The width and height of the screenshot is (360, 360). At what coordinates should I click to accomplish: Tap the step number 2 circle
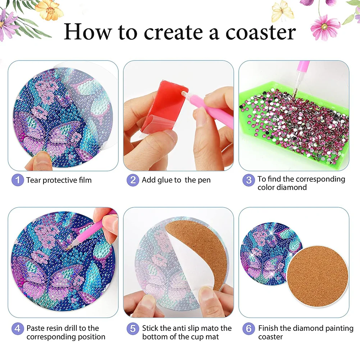(133, 180)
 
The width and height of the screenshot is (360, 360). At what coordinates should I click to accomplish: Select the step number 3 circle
(249, 180)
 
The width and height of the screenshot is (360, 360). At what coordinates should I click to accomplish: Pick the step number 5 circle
(133, 328)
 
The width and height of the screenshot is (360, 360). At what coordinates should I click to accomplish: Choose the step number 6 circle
(249, 328)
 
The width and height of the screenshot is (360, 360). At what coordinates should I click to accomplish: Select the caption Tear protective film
(59, 180)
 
